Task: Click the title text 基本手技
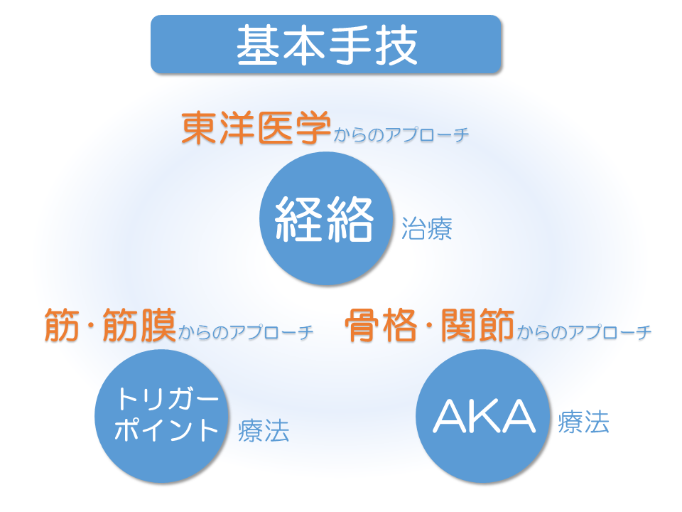click(327, 45)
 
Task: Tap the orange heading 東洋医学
click(256, 127)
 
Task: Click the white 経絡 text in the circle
click(325, 218)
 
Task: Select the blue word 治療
click(427, 228)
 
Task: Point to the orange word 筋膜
click(140, 325)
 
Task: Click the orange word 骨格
click(381, 325)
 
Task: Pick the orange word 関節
click(477, 325)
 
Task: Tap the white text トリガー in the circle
click(167, 398)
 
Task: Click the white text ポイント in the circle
click(166, 430)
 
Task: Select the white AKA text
click(484, 416)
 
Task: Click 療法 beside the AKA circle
click(583, 422)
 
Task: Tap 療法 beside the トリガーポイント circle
click(264, 431)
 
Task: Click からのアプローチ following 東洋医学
click(401, 134)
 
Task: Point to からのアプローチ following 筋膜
click(245, 332)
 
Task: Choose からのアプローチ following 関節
click(584, 332)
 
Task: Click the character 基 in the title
click(257, 45)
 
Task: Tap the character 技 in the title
click(396, 45)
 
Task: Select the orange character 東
click(200, 127)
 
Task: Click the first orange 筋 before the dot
click(62, 325)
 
